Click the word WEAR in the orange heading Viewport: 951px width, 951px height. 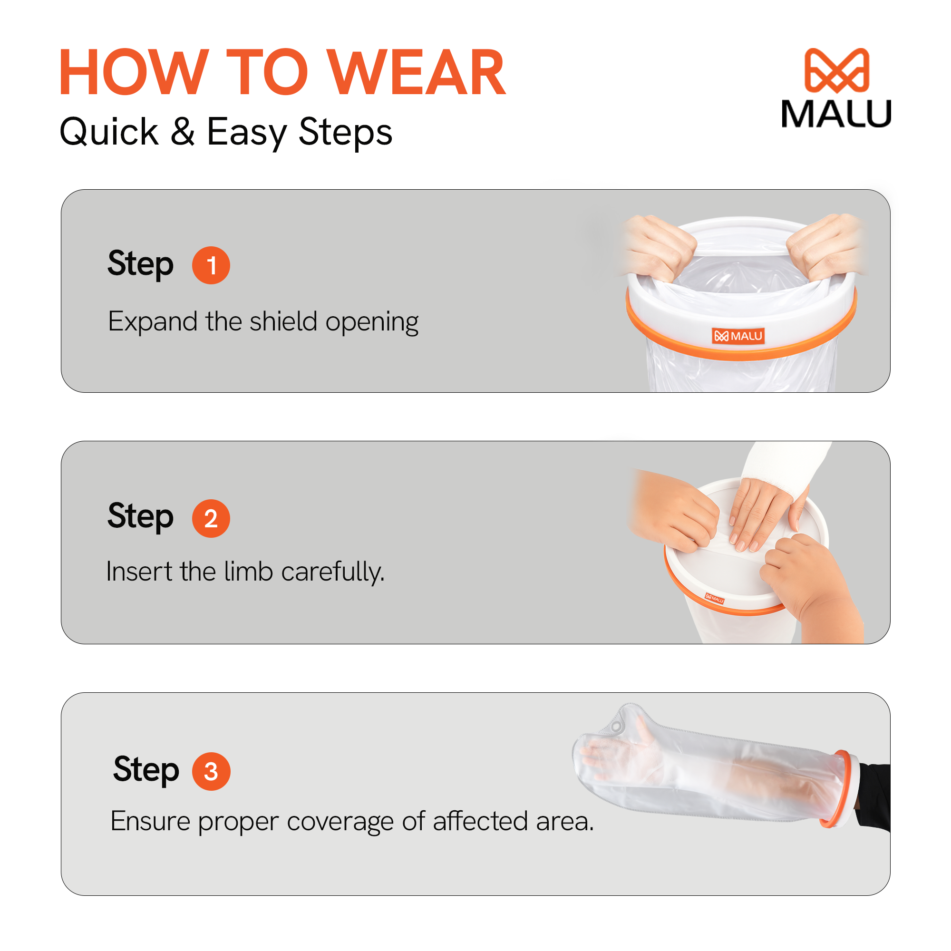pyautogui.click(x=417, y=72)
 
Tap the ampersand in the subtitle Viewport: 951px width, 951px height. pyautogui.click(x=183, y=131)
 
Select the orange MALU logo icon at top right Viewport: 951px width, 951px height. pyautogui.click(x=836, y=70)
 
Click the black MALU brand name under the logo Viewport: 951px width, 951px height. pyautogui.click(x=836, y=114)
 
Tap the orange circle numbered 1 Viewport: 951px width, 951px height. pyautogui.click(x=211, y=265)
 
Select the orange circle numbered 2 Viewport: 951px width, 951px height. pyautogui.click(x=211, y=518)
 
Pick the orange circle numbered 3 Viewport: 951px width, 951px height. pyautogui.click(x=211, y=771)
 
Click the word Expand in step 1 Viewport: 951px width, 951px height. pyautogui.click(x=153, y=322)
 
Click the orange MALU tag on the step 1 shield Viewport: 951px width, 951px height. pyautogui.click(x=738, y=336)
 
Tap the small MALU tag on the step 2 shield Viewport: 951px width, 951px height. pyautogui.click(x=715, y=599)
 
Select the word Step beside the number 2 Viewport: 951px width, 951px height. pyautogui.click(x=141, y=517)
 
